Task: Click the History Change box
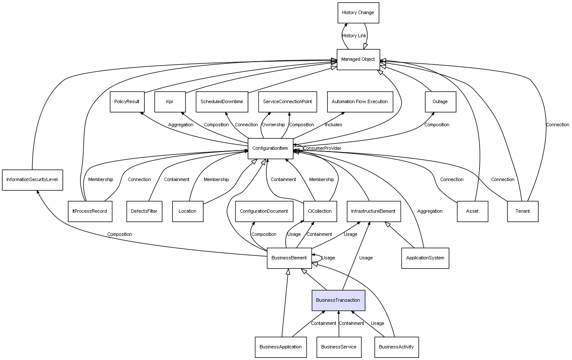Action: click(358, 12)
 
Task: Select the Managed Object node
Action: click(358, 59)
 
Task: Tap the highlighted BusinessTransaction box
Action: click(338, 300)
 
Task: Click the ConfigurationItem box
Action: click(270, 149)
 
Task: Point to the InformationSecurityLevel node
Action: click(32, 180)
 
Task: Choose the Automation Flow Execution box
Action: click(360, 101)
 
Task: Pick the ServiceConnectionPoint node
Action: click(288, 101)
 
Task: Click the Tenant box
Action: click(522, 211)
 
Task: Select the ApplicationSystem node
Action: click(425, 258)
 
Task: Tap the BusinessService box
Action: click(339, 347)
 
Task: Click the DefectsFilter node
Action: click(144, 211)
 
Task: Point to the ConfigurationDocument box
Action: click(264, 211)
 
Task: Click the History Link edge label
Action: click(354, 36)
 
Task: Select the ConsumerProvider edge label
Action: click(322, 148)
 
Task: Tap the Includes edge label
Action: click(333, 125)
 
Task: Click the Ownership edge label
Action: click(273, 125)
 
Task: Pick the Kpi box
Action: click(170, 101)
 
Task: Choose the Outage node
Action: click(440, 101)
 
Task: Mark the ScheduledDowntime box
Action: click(222, 101)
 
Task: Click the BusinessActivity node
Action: click(396, 347)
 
